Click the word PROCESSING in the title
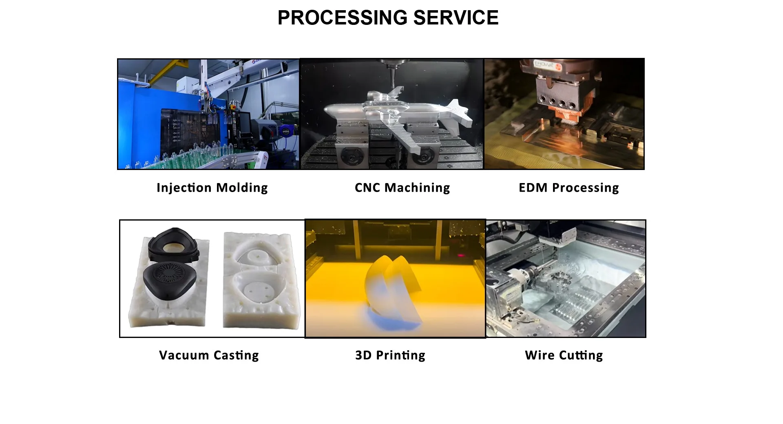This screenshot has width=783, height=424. pyautogui.click(x=342, y=18)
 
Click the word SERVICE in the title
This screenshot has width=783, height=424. pyautogui.click(x=456, y=18)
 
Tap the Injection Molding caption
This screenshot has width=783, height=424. pyautogui.click(x=212, y=188)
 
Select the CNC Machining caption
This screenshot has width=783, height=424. pyautogui.click(x=402, y=188)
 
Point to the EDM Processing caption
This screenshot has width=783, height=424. pyautogui.click(x=568, y=188)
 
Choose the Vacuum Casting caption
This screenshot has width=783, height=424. pyautogui.click(x=209, y=355)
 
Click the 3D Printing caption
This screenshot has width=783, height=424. pyautogui.click(x=390, y=355)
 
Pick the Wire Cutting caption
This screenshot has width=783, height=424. pyautogui.click(x=564, y=355)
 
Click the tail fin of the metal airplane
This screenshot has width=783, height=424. pyautogui.click(x=459, y=110)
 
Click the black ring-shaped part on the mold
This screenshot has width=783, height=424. pyautogui.click(x=173, y=245)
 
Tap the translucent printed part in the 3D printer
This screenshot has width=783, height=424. pyautogui.click(x=393, y=285)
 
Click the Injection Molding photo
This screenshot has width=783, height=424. pyautogui.click(x=208, y=114)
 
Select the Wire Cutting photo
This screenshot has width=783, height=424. pyautogui.click(x=566, y=279)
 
